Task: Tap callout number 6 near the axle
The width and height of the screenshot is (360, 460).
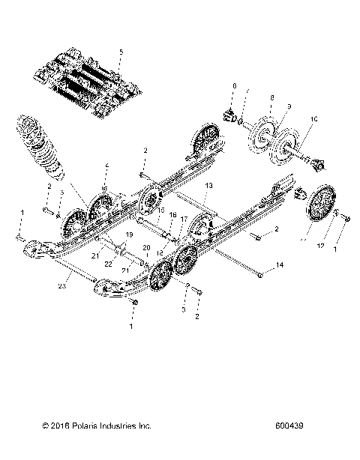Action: tap(234, 88)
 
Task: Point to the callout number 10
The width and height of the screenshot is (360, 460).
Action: tap(313, 118)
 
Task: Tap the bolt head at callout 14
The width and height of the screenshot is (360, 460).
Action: tap(259, 276)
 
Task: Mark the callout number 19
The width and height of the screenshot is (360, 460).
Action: tap(128, 234)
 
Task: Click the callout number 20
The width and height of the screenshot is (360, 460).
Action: tap(146, 247)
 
